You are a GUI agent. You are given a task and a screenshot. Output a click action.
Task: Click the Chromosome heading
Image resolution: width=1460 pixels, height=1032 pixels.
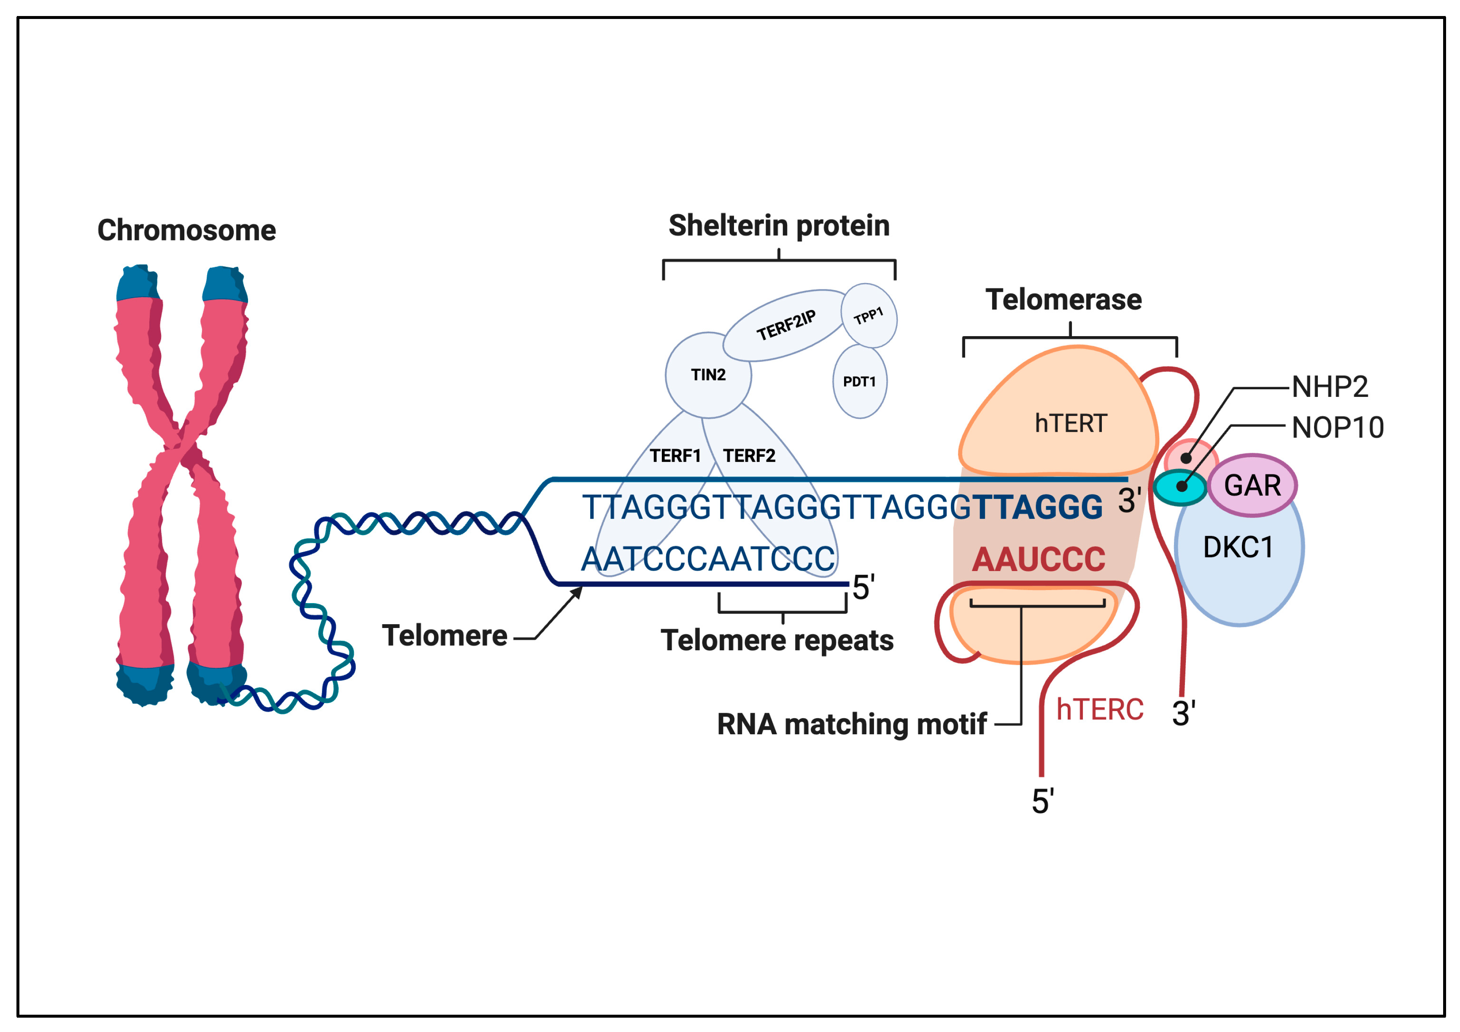186,230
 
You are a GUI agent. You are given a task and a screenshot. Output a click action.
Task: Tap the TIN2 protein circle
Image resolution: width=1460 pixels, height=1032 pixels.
708,375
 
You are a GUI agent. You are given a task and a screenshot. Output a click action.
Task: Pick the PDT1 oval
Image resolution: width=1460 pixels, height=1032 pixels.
859,382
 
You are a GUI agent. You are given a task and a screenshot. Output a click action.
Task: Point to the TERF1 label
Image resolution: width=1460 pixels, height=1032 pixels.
675,456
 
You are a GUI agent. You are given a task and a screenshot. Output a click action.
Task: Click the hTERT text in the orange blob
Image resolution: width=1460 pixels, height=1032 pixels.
1071,423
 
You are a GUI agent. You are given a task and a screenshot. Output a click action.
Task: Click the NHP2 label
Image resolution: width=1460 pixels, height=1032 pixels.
1330,387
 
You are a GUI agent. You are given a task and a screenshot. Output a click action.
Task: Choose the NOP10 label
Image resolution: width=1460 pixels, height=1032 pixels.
1337,427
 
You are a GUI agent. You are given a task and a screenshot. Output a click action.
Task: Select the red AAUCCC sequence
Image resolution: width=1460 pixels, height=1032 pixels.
1039,560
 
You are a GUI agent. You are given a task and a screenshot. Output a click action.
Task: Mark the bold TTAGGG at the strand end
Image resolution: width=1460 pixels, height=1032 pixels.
1038,507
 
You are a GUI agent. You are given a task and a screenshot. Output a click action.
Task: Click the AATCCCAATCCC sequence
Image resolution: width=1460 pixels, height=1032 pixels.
708,560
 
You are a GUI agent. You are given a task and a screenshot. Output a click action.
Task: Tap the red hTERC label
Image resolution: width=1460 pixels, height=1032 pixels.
1099,710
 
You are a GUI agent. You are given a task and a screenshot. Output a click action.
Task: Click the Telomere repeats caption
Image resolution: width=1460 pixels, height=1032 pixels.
777,640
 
